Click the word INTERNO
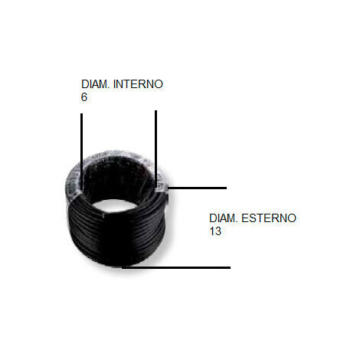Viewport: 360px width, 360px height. (x=138, y=84)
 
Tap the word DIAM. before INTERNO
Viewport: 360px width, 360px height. (x=96, y=84)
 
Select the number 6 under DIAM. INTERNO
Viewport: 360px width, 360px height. (x=84, y=97)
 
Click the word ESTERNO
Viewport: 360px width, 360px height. (x=269, y=218)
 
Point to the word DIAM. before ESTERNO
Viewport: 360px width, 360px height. (x=224, y=218)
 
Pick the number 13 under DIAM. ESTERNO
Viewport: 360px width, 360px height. (x=215, y=231)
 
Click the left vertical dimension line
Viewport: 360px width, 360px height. (x=81, y=152)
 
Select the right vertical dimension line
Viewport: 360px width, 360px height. (x=156, y=149)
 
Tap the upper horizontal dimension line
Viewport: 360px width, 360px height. (x=198, y=188)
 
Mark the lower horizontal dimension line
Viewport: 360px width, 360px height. (x=176, y=267)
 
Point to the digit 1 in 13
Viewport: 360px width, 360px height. (x=212, y=231)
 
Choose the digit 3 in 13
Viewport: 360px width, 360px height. (x=218, y=231)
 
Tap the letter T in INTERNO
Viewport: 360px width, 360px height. (x=126, y=84)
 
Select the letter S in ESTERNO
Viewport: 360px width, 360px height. (x=253, y=218)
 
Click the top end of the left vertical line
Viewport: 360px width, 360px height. (x=81, y=113)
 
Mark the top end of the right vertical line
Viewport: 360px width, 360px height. (x=156, y=110)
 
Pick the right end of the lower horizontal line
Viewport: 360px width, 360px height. (x=231, y=267)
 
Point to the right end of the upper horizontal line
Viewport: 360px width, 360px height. (x=227, y=188)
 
